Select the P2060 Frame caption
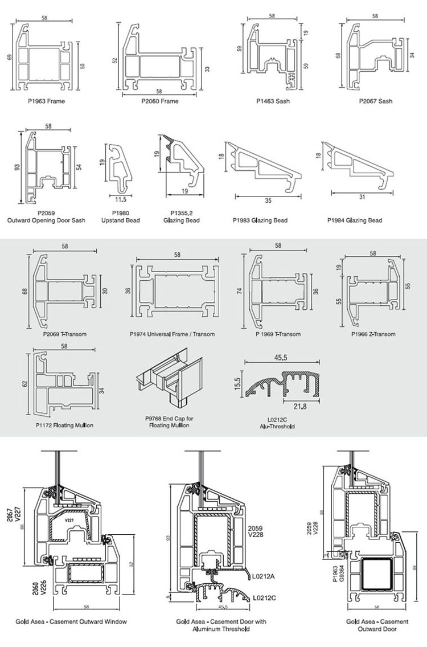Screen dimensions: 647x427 point(159,101)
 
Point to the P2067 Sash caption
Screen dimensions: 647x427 point(375,101)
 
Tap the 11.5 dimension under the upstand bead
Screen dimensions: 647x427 point(121,200)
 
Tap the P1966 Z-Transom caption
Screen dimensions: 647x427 point(373,334)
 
